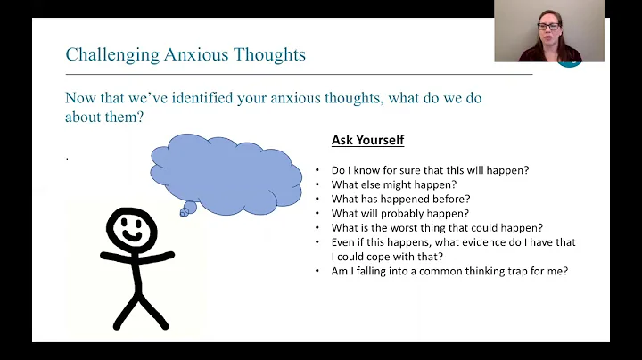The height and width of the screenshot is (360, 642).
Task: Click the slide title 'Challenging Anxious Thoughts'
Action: (185, 54)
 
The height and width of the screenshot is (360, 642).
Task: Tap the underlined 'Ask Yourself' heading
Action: (367, 141)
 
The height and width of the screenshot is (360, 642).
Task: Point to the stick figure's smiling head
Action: (132, 231)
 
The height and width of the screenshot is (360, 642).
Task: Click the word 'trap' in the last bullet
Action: (521, 270)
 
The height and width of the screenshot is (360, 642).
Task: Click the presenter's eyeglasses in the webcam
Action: (549, 27)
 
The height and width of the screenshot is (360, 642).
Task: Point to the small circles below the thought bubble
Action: (186, 210)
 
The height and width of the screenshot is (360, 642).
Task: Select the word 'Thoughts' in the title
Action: (271, 54)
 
